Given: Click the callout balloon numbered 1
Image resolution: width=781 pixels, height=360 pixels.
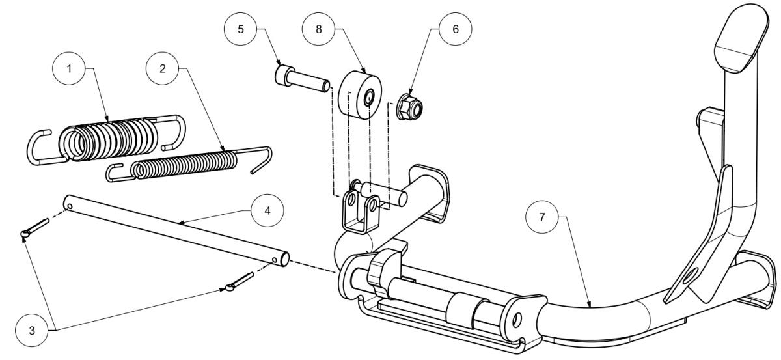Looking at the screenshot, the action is (x=69, y=69).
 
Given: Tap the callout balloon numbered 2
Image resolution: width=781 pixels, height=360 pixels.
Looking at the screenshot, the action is (x=163, y=69).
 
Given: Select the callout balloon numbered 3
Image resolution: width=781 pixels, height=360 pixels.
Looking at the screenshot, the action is (x=32, y=330).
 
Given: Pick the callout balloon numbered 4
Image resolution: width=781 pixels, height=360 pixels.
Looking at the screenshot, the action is (x=267, y=211).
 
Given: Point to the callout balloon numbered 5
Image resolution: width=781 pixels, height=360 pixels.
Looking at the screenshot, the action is (x=241, y=29).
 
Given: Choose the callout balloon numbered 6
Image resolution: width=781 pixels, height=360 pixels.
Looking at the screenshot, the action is (x=456, y=29).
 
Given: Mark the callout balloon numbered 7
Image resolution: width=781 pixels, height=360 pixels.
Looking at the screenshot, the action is (x=541, y=217).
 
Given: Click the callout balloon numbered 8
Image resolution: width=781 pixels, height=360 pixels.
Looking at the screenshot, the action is (x=318, y=29).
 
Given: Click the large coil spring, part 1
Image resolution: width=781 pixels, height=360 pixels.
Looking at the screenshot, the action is (x=106, y=140).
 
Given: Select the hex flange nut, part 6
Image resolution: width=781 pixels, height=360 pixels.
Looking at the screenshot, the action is (x=409, y=106).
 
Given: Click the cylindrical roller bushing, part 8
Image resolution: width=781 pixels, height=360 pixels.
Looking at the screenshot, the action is (x=360, y=95).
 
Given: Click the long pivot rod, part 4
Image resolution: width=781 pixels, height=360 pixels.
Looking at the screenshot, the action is (x=176, y=230).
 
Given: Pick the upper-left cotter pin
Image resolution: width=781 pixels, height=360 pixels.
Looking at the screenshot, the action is (x=35, y=227).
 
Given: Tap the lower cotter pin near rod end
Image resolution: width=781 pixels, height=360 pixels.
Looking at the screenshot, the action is (x=240, y=282).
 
